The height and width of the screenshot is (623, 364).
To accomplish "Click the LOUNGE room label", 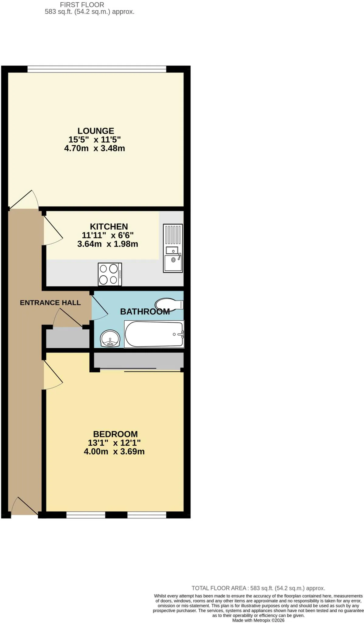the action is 96,131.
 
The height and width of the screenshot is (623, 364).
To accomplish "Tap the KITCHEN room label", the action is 109,227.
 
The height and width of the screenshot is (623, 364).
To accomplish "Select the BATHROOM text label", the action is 145,311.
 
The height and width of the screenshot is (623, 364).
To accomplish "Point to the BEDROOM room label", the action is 115,434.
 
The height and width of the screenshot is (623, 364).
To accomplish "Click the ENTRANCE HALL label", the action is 50,303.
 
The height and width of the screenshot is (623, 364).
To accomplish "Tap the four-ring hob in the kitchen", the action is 110,274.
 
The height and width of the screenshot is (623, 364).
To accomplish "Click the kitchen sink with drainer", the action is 173,248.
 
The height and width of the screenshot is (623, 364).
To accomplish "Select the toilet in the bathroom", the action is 169,305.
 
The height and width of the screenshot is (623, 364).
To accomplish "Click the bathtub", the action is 154,334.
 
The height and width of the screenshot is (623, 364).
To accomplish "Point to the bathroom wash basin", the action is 110,339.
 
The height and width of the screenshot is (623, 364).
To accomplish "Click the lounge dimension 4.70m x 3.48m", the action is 94,148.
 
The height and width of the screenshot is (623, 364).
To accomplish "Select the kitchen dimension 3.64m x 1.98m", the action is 108,244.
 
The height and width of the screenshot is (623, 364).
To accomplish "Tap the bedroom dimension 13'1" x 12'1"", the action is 114,443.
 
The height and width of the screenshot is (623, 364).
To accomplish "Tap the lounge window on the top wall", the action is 97,69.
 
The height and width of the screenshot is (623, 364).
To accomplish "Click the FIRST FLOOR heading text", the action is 82,5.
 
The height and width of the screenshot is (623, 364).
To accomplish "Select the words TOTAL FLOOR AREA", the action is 219,588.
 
